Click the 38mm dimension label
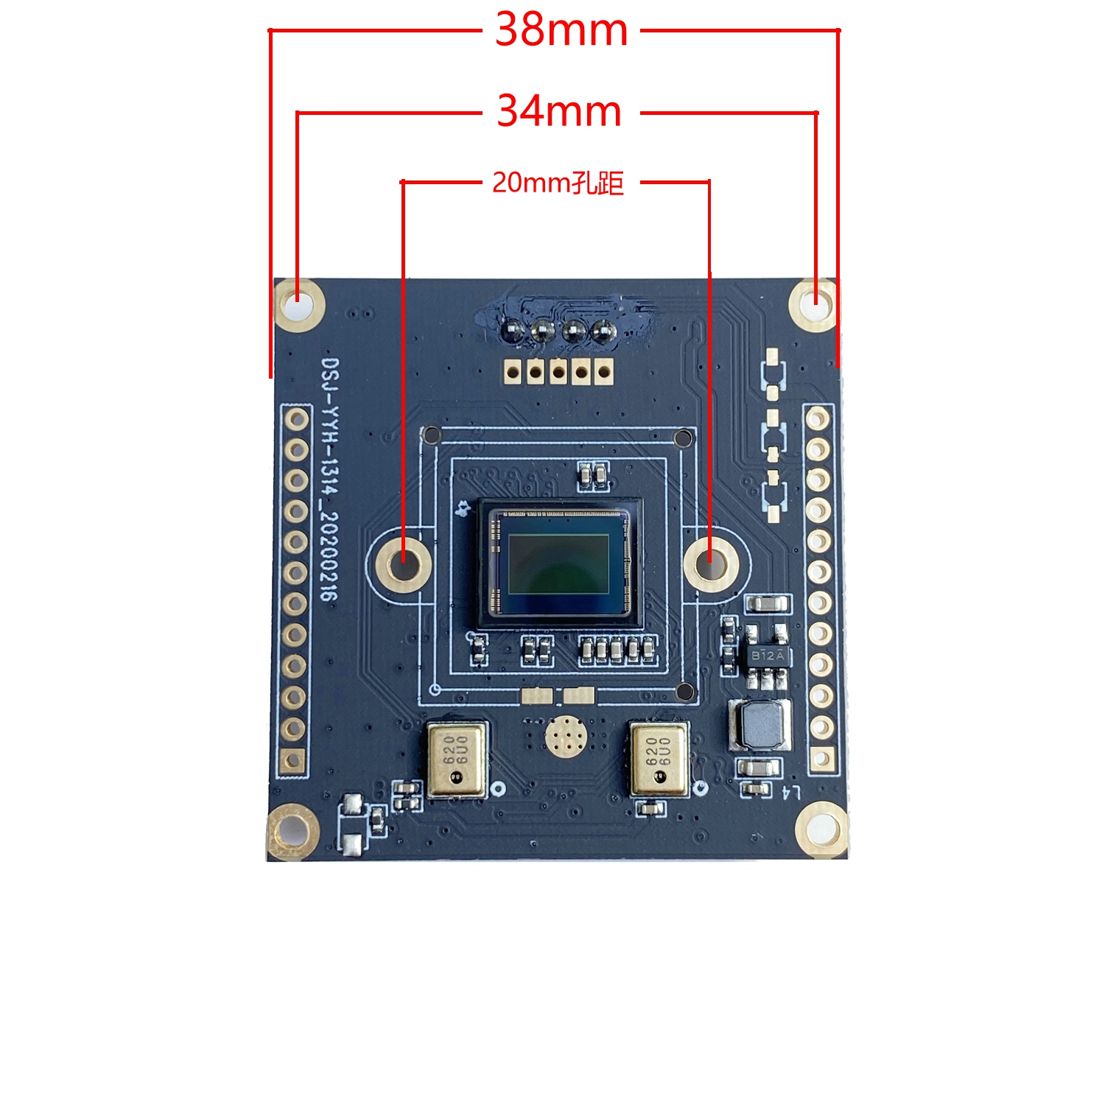[561, 31]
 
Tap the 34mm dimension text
[560, 112]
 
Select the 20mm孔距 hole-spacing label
[558, 183]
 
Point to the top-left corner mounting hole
[299, 304]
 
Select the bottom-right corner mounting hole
[821, 829]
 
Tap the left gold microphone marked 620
[457, 759]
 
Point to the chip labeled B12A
[766, 655]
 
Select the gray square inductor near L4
[761, 723]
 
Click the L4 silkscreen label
[791, 793]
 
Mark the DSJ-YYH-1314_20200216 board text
[331, 479]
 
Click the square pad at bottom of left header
[293, 759]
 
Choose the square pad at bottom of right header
[821, 757]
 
